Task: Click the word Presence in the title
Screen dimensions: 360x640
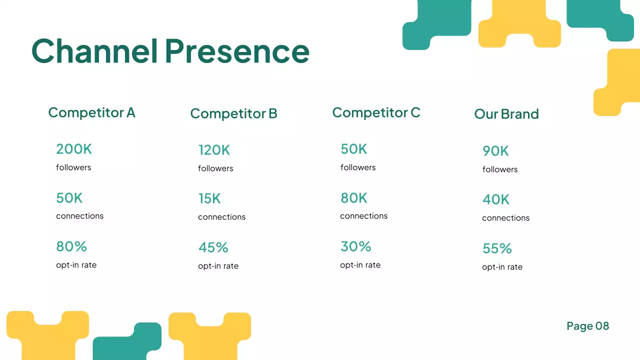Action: point(237,51)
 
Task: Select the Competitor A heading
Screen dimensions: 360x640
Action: point(91,112)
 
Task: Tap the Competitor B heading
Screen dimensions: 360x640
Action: point(233,113)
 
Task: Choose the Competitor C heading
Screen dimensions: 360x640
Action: point(376,112)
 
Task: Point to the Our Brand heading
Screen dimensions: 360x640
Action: point(506,114)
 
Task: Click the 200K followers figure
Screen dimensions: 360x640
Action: point(74,149)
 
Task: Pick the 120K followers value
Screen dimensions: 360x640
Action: point(214,150)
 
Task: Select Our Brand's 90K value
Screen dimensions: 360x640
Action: point(495,151)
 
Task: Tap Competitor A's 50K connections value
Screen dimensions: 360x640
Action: point(69,198)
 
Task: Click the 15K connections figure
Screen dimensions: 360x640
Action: point(209,199)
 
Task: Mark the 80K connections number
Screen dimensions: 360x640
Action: point(353,198)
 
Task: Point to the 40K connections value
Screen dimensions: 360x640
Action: point(495,200)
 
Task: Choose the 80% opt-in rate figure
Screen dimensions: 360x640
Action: point(71,246)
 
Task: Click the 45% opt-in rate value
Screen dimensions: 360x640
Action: point(213,247)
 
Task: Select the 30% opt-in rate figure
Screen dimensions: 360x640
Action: point(355,246)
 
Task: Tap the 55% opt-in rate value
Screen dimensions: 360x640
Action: point(497,248)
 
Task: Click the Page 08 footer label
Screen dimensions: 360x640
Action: point(587,326)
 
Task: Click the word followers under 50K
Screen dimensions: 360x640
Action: point(358,167)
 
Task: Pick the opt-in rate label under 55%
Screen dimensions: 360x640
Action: point(502,267)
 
